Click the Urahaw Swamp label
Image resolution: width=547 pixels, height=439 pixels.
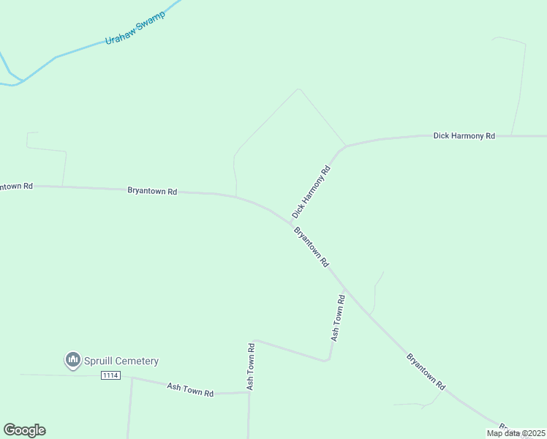(135, 29)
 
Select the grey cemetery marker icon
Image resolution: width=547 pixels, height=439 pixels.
(72, 360)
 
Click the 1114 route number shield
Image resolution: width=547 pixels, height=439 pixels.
(110, 375)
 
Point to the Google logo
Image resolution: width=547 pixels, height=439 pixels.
(24, 430)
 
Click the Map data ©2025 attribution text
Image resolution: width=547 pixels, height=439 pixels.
(516, 433)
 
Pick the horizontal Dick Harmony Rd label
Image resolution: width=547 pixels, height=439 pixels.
(464, 136)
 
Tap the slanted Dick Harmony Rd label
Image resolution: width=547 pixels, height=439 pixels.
(312, 191)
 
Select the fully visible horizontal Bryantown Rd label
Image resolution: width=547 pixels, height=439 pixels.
(152, 191)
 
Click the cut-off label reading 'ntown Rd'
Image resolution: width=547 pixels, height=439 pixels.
(16, 186)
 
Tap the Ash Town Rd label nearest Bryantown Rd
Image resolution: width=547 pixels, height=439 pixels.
(338, 318)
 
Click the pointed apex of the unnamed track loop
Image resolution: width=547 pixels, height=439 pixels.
(298, 89)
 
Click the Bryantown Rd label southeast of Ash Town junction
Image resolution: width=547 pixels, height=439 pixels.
(426, 371)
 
